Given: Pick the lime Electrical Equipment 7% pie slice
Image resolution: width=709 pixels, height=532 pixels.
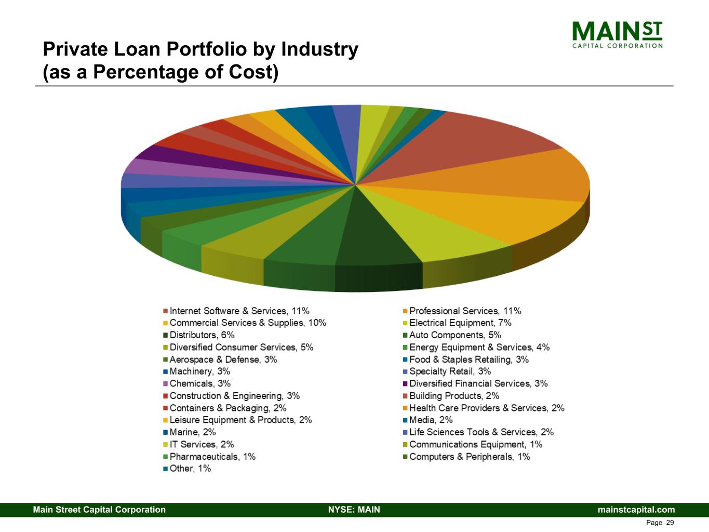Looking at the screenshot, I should (436, 229).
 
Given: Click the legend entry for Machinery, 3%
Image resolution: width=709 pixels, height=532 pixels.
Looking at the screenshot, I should (199, 371).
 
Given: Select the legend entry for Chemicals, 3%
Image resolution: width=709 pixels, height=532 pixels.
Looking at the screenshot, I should (199, 383).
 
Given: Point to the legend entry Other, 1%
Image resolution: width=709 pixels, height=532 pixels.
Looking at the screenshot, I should (190, 469).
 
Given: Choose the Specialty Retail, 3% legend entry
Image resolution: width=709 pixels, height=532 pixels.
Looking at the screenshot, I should (450, 371).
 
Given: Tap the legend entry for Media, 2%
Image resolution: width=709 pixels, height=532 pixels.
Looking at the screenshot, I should (431, 420).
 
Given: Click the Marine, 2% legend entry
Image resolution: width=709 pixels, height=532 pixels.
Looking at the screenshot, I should (192, 432).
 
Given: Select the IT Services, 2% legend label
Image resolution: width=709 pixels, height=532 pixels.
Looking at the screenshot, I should (202, 444).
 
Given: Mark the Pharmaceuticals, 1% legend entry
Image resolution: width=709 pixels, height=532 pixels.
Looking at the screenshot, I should (212, 457).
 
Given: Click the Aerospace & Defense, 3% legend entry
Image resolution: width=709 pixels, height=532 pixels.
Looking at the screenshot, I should (223, 360).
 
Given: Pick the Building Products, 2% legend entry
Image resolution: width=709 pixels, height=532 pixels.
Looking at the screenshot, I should (454, 396).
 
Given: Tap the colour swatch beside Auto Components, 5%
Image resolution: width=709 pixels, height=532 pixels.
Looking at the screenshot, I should (405, 335).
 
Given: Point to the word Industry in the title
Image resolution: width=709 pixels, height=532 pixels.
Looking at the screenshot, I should (319, 49).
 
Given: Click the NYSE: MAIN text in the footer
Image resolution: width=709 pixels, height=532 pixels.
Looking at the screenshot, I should (354, 510).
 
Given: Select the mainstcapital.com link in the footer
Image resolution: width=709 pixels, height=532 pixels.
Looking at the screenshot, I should (636, 510).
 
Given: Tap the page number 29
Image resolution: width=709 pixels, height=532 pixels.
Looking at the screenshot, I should (670, 523).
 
